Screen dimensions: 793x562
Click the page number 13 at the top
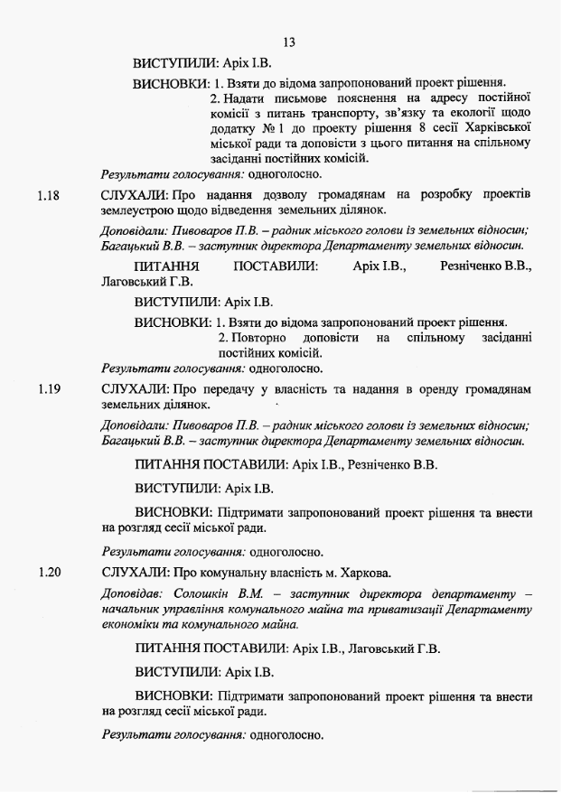289,42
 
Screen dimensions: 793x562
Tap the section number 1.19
49,389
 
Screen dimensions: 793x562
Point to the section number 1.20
49,572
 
